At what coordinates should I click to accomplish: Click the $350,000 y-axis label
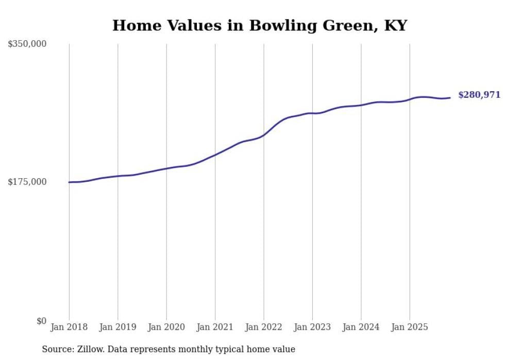click(27, 44)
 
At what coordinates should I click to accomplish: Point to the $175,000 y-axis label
click(27, 182)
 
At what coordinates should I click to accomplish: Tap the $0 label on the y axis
click(41, 321)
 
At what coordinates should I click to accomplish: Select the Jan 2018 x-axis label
click(69, 327)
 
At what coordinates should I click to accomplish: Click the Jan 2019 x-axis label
click(117, 327)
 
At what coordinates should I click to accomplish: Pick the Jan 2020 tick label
click(166, 327)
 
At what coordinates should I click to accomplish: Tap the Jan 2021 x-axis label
click(215, 327)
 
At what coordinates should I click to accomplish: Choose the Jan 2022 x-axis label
click(263, 327)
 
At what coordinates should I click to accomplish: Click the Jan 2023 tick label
click(312, 327)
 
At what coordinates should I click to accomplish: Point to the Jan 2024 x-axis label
click(361, 327)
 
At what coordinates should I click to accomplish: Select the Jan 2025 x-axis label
click(410, 327)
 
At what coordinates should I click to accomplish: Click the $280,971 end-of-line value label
click(479, 95)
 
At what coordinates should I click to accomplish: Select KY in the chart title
click(395, 26)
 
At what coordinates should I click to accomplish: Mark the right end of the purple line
click(450, 98)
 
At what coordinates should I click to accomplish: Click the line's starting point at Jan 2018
click(69, 182)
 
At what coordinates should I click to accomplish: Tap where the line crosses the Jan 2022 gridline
click(264, 135)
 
